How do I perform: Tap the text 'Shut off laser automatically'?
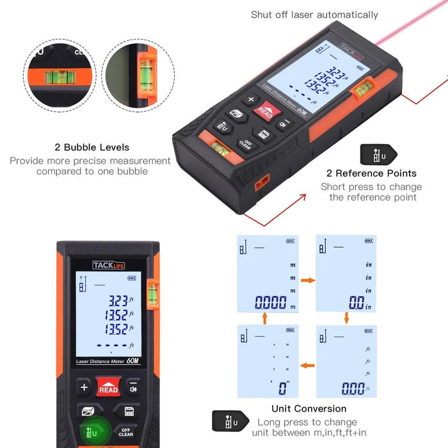click(314, 15)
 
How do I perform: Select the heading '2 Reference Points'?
click(371, 173)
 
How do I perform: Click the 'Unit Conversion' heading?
click(309, 408)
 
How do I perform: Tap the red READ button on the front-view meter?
click(108, 388)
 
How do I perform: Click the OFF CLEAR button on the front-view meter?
click(126, 433)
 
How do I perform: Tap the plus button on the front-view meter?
click(84, 387)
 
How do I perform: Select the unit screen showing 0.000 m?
click(268, 274)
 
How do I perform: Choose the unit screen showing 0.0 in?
click(346, 274)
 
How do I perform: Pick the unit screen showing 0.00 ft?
click(346, 361)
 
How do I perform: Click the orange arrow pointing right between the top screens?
click(307, 280)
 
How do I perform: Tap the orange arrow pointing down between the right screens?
click(346, 318)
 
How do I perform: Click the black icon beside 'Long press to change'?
click(227, 422)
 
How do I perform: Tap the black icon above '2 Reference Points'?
click(378, 154)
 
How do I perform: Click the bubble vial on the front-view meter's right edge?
click(152, 293)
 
